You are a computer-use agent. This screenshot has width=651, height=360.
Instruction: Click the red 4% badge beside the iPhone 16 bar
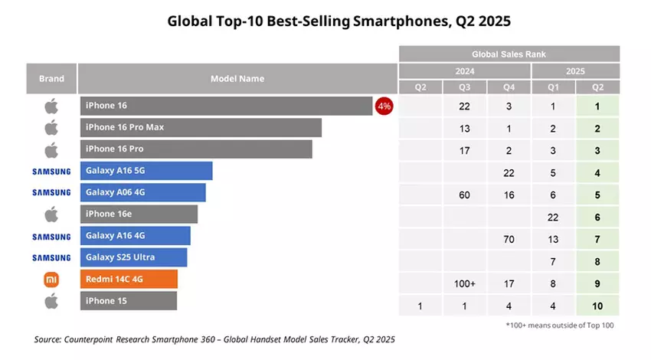[384, 106]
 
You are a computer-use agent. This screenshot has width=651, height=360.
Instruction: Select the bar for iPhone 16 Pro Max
[200, 127]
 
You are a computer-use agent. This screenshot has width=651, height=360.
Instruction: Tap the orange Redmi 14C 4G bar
[129, 279]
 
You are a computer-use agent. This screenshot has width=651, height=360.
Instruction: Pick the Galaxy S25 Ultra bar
[133, 257]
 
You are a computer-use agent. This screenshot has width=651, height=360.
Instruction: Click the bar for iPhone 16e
[139, 214]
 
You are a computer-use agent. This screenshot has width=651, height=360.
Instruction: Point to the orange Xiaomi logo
[52, 280]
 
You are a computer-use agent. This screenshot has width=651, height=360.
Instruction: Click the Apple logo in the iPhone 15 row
[52, 301]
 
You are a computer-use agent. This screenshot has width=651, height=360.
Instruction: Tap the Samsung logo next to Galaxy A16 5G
[52, 171]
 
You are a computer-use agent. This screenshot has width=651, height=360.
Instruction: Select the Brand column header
[52, 78]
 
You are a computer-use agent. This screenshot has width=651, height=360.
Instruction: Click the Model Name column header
[237, 78]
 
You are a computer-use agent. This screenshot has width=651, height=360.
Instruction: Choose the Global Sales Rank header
[509, 54]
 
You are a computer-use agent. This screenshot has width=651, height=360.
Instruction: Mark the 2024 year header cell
[464, 70]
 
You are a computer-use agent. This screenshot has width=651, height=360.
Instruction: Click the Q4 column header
[508, 87]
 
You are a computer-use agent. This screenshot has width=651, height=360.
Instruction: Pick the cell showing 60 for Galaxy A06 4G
[464, 195]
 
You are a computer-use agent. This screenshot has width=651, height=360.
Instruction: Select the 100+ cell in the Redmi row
[464, 283]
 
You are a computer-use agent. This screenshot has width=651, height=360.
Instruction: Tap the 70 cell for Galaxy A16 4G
[508, 239]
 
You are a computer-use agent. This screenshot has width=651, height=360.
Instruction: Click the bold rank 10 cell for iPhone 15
[597, 306]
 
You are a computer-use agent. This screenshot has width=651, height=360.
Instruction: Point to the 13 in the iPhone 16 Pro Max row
[464, 129]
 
